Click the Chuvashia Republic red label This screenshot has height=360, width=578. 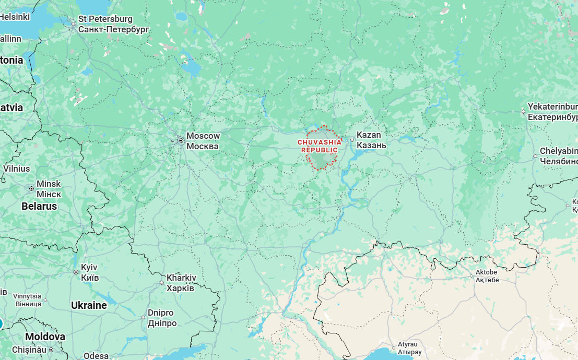pyautogui.click(x=320, y=146)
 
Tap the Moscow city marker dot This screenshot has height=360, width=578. pyautogui.click(x=181, y=140)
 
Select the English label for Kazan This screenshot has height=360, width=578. pyautogui.click(x=369, y=135)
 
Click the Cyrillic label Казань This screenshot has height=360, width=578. pyautogui.click(x=371, y=145)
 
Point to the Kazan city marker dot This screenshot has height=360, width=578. pyautogui.click(x=352, y=140)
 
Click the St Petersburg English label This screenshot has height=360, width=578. pyautogui.click(x=105, y=19)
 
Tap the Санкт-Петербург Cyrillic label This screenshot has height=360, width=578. pyautogui.click(x=113, y=30)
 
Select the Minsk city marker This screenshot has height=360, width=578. pyautogui.click(x=31, y=188)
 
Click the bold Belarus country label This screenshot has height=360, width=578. pyautogui.click(x=39, y=206)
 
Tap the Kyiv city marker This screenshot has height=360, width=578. pyautogui.click(x=76, y=272)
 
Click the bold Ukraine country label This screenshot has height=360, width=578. pyautogui.click(x=89, y=305)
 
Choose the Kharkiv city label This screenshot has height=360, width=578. pyautogui.click(x=181, y=278)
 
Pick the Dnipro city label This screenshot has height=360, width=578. pyautogui.click(x=160, y=313)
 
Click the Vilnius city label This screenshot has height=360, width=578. pyautogui.click(x=17, y=169)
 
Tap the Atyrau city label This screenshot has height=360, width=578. pyautogui.click(x=409, y=344)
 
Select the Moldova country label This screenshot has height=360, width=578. pyautogui.click(x=45, y=337)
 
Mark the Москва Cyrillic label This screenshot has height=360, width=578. pyautogui.click(x=203, y=146)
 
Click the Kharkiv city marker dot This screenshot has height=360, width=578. pyautogui.click(x=161, y=283)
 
